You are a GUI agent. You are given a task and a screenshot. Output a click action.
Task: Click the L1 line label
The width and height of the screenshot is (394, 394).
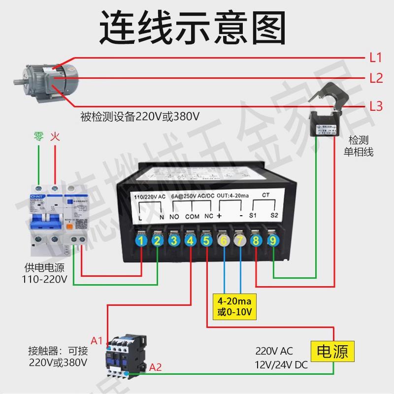coord(376,57)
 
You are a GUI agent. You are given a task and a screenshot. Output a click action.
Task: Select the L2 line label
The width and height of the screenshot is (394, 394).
coord(376,78)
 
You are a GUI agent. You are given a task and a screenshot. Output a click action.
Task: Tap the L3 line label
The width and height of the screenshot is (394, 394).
coord(376,106)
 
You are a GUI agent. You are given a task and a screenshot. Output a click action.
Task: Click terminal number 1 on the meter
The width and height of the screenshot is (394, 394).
coord(142,240)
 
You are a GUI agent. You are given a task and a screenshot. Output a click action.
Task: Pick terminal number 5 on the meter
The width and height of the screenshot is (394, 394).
coord(207,240)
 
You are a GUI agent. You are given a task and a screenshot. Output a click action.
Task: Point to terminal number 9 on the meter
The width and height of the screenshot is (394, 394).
coord(273,240)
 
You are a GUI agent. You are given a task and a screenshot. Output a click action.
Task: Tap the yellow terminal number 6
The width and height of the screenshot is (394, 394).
coord(224,240)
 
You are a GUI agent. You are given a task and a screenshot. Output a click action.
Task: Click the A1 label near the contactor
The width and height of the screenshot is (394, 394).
coord(97,340)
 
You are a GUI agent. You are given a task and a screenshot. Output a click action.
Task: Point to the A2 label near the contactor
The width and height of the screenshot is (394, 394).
coord(156,367)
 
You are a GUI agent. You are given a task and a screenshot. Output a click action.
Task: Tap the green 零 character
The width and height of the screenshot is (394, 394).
coord(38,136)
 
